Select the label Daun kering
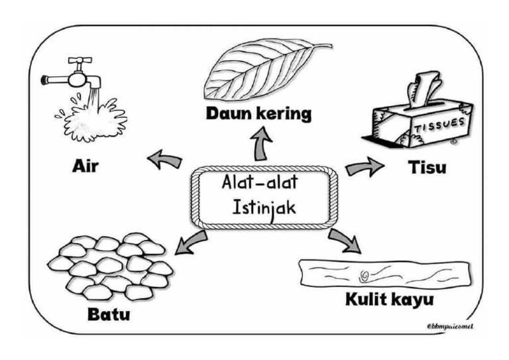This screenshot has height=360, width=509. (259, 113)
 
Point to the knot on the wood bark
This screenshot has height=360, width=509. (365, 274)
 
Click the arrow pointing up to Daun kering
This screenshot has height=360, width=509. (262, 144)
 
